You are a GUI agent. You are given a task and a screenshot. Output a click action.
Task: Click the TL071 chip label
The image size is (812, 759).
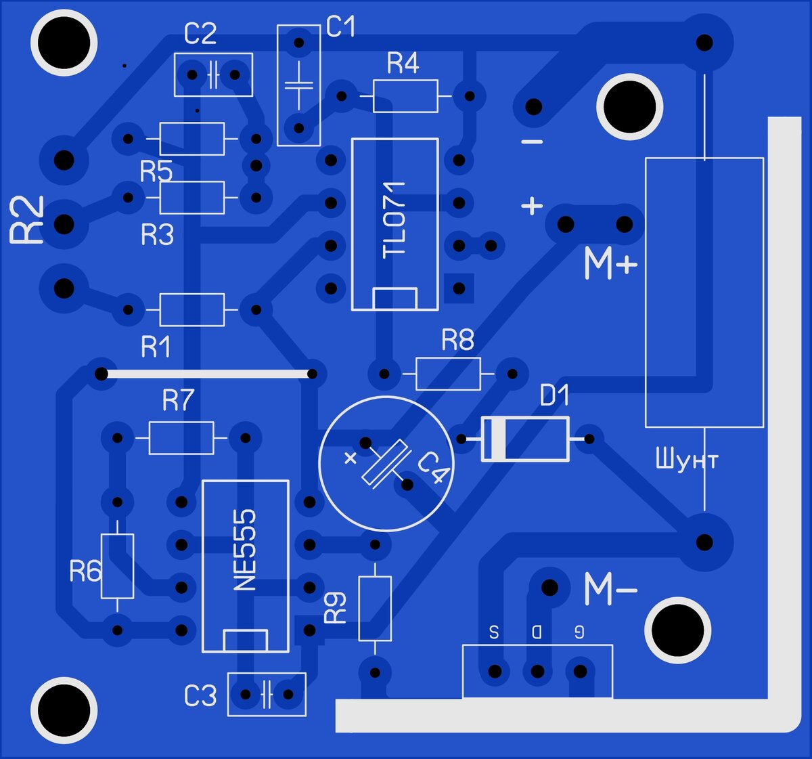[x=394, y=220]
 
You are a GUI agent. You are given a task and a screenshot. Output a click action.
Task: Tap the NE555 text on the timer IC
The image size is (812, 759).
[x=244, y=550]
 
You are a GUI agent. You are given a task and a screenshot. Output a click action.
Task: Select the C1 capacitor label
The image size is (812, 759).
[x=340, y=26]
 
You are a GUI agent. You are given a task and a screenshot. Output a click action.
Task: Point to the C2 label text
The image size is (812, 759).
[x=200, y=34]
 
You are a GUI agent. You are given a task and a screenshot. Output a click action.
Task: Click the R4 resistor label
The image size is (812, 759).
[x=403, y=64]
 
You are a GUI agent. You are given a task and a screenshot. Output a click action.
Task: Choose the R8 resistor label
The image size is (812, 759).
[x=457, y=340]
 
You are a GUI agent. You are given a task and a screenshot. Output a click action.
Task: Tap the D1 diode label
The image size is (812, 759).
[x=554, y=395]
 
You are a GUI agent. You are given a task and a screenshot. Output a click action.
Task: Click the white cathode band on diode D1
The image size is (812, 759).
[x=499, y=439]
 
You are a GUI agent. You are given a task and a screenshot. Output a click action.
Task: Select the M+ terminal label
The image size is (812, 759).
[x=611, y=263]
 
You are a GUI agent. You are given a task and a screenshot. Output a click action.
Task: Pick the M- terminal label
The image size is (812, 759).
[x=611, y=589]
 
